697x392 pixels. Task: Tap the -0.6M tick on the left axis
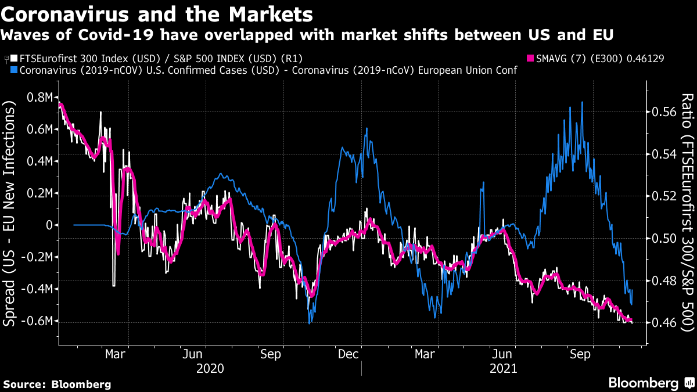[39, 321]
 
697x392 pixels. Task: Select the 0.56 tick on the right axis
[663, 112]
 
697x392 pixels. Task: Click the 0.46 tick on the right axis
[663, 323]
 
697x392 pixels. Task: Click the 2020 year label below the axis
[210, 368]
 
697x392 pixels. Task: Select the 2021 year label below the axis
[503, 368]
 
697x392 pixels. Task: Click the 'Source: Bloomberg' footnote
[57, 384]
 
